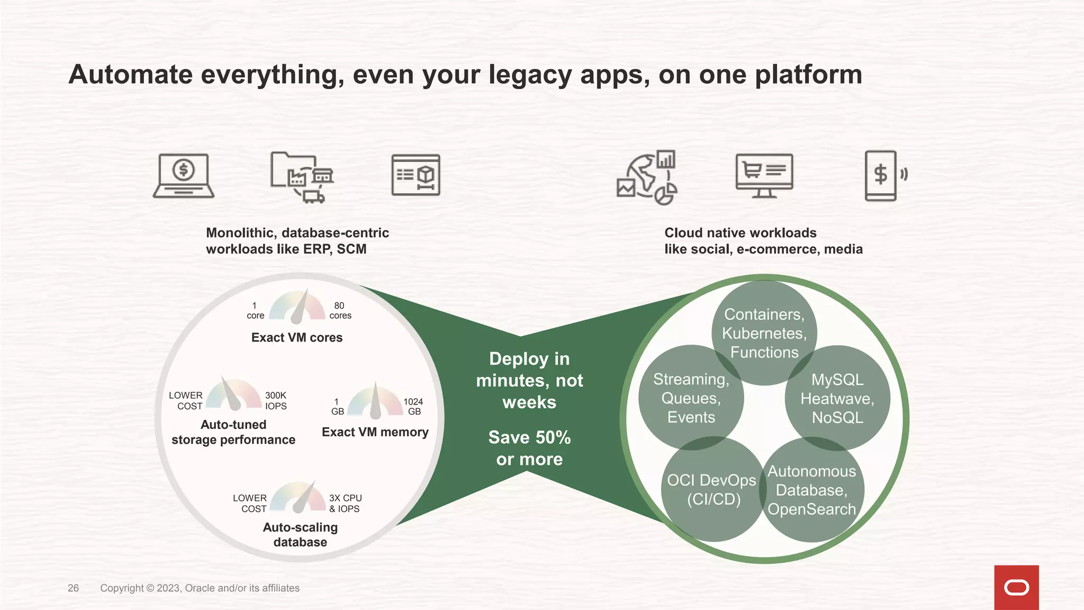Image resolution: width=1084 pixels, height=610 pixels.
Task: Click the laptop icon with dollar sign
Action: coord(184,176)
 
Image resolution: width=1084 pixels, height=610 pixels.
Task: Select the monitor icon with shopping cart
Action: coord(764,175)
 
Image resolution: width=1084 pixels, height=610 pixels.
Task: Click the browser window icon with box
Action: coord(415,175)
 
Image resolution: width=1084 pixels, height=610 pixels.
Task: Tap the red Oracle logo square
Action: coord(1016,587)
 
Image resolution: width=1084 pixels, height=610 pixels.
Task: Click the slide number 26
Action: coord(73,588)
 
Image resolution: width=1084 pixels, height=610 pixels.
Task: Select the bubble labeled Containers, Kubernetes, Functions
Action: coord(764,333)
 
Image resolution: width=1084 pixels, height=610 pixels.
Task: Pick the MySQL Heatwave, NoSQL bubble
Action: coord(837,398)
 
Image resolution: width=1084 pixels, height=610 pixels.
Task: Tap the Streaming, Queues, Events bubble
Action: coord(691,398)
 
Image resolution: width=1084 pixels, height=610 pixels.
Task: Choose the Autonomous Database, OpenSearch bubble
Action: coord(811,490)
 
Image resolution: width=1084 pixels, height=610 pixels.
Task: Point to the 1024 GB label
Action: coord(413,407)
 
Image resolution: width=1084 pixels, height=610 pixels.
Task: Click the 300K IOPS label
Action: coord(276,401)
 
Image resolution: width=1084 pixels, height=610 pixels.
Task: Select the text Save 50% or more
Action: coord(529,448)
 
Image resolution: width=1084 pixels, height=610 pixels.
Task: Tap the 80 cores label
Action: coord(340,310)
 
